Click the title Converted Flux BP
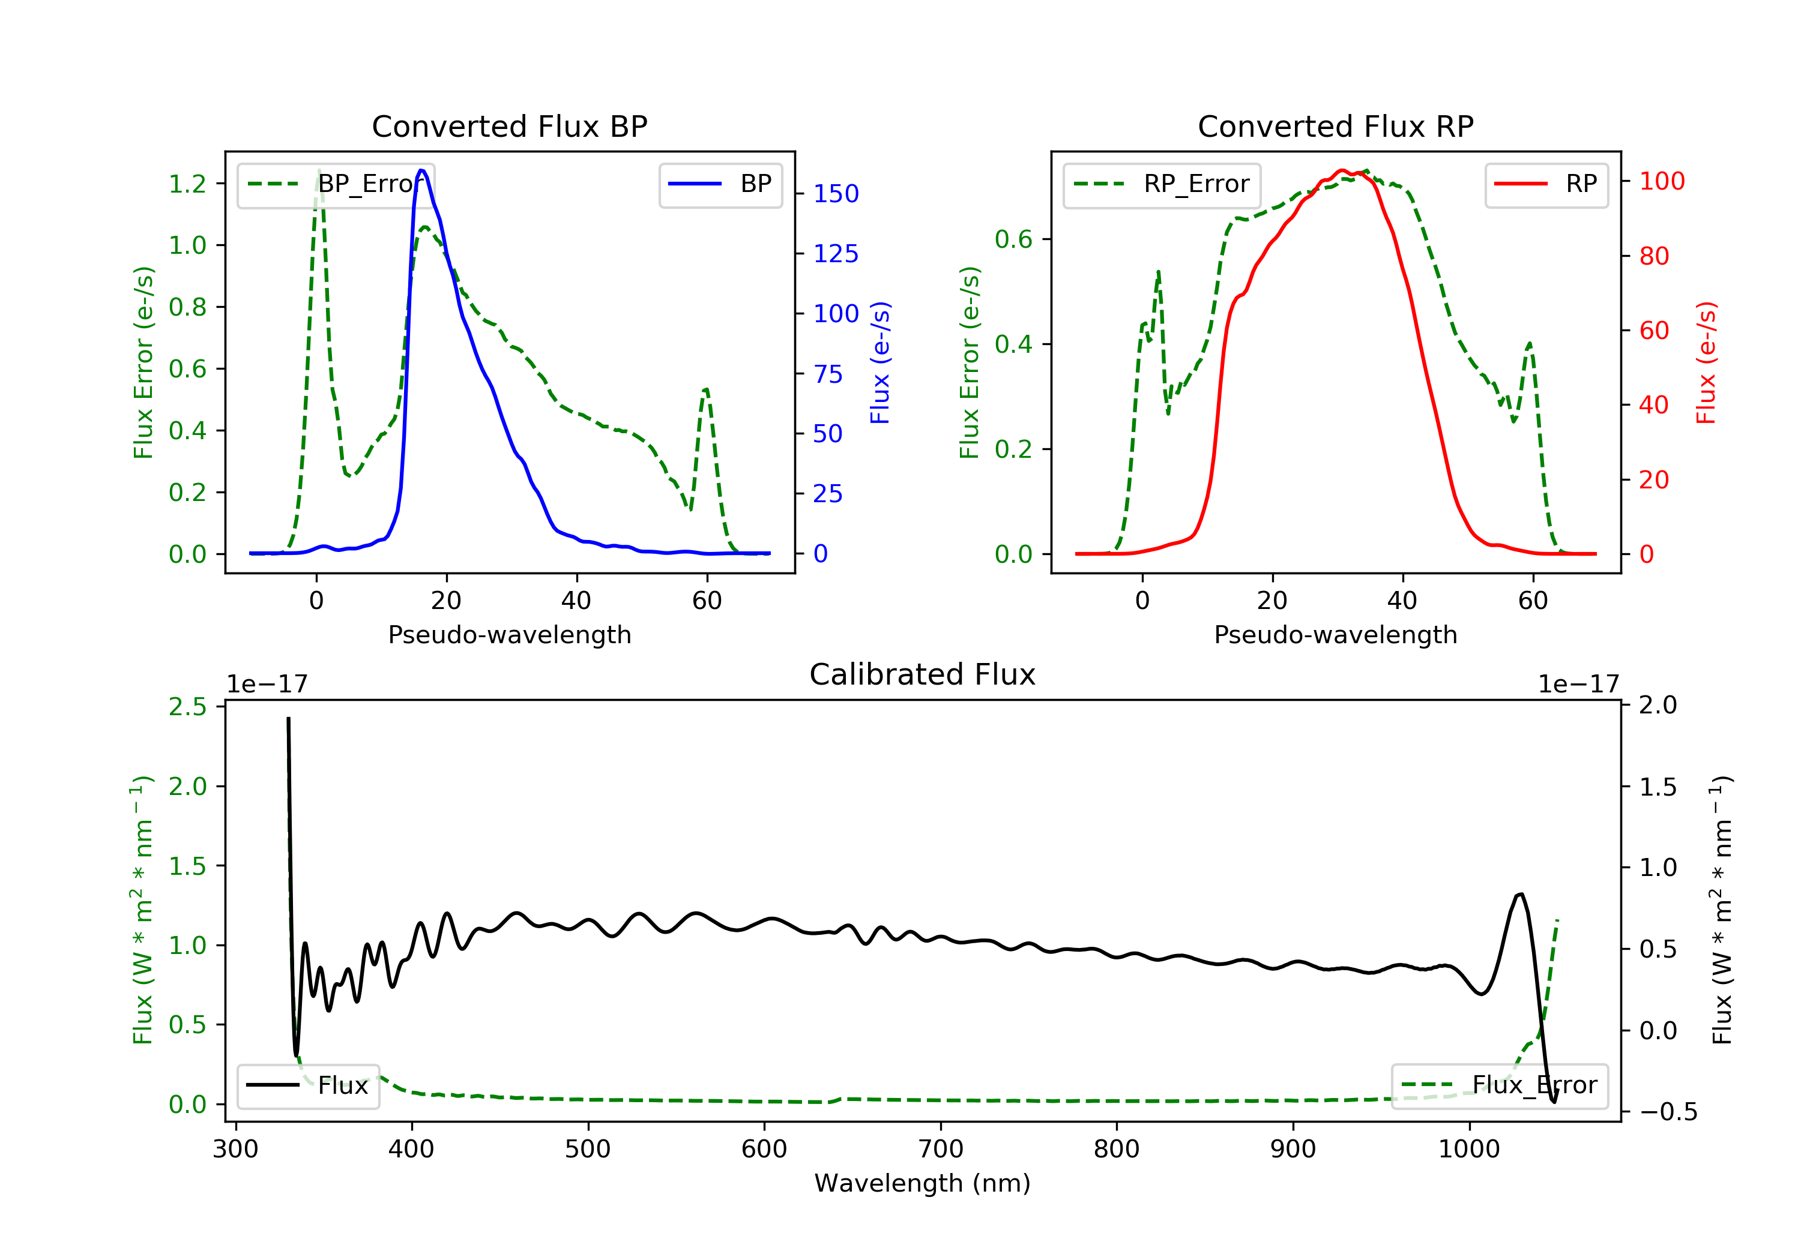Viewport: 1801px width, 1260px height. coord(509,126)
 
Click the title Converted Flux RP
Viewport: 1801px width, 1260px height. coord(1335,126)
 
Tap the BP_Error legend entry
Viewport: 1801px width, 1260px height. coord(336,184)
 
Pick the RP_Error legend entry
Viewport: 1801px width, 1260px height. coord(1162,184)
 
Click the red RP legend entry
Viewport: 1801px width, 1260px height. coord(1546,184)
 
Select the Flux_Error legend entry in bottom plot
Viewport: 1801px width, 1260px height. coord(1499,1085)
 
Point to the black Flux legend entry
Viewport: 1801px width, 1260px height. coord(309,1085)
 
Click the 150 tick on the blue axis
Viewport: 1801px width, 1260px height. coord(836,194)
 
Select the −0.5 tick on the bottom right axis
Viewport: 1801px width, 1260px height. coord(1668,1112)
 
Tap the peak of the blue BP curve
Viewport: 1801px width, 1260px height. coord(421,170)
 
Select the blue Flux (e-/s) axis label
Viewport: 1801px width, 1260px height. coord(879,362)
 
